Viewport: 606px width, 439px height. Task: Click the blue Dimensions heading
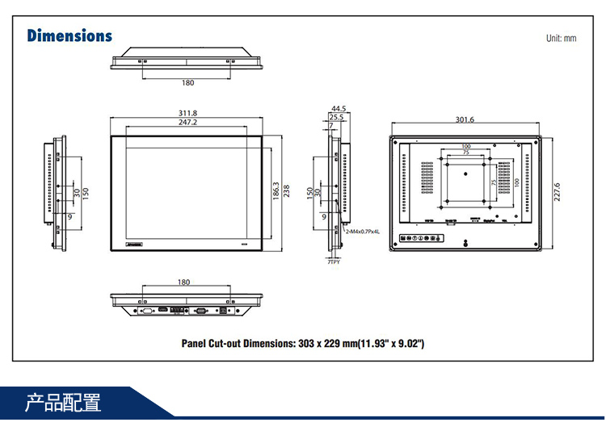[69, 36]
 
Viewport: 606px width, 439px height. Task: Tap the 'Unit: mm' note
[561, 38]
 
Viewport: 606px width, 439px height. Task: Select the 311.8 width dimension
[188, 112]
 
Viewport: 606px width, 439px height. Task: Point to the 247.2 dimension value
[188, 122]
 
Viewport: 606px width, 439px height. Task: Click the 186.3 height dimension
[276, 191]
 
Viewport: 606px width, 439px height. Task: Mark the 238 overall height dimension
[286, 191]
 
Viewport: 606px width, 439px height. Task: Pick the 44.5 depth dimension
[338, 108]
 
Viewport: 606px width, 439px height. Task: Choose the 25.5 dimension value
[336, 117]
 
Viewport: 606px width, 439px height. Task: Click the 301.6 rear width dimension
[465, 119]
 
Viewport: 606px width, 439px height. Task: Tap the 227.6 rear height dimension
[557, 193]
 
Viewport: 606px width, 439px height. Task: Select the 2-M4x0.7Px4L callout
[361, 232]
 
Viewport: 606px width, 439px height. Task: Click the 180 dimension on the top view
[187, 82]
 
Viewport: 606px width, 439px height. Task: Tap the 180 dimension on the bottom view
[183, 282]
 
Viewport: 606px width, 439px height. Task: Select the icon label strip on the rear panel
[422, 238]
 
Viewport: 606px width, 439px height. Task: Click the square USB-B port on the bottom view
[225, 309]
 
